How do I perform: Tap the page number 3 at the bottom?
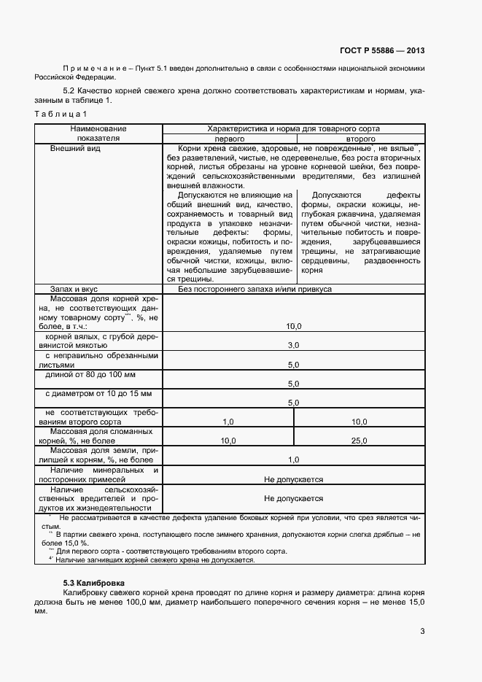point(422,632)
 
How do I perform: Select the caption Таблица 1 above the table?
point(61,114)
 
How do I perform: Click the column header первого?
point(228,138)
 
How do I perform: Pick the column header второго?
point(360,138)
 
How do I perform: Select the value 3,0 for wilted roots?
point(294,345)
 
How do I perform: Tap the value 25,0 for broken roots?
point(359,441)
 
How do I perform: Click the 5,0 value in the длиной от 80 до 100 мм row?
point(294,384)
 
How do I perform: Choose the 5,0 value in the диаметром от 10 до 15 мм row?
point(294,403)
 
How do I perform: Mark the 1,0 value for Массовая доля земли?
point(294,460)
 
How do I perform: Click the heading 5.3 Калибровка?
point(93,584)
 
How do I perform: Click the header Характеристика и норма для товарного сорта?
point(294,128)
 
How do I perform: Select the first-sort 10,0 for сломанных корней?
point(228,441)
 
